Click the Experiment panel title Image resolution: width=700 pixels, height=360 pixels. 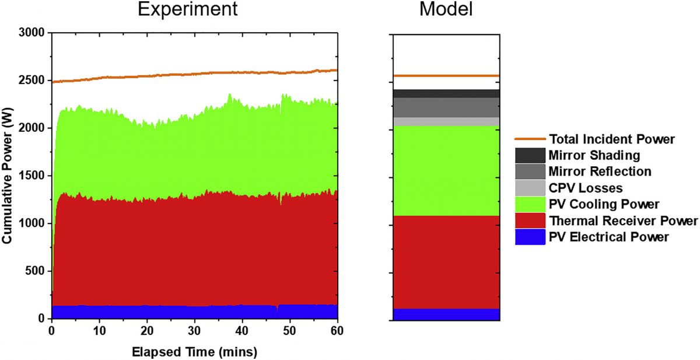pyautogui.click(x=187, y=10)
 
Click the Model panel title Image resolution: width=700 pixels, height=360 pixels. pyautogui.click(x=446, y=10)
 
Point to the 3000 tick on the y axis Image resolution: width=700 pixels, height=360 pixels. pyautogui.click(x=33, y=33)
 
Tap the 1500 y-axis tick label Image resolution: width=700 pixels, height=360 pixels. pyautogui.click(x=33, y=176)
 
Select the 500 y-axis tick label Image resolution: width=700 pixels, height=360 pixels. pyautogui.click(x=36, y=271)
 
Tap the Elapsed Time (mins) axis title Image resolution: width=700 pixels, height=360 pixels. pyautogui.click(x=194, y=352)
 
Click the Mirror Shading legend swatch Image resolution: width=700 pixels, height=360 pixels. pyautogui.click(x=530, y=155)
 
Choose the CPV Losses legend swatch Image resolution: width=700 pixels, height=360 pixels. pyautogui.click(x=530, y=188)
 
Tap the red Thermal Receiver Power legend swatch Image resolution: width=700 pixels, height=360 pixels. pyautogui.click(x=530, y=221)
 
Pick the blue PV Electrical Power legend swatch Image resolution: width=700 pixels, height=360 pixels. pyautogui.click(x=530, y=237)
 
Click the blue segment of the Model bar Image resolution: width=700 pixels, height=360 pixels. pyautogui.click(x=446, y=314)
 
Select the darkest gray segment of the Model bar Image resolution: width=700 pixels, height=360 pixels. pyautogui.click(x=446, y=93)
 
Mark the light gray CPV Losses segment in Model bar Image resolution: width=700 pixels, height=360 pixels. pyautogui.click(x=446, y=121)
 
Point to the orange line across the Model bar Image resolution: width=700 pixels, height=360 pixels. pyautogui.click(x=446, y=76)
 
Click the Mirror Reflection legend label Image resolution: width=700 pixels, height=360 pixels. pyautogui.click(x=600, y=172)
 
